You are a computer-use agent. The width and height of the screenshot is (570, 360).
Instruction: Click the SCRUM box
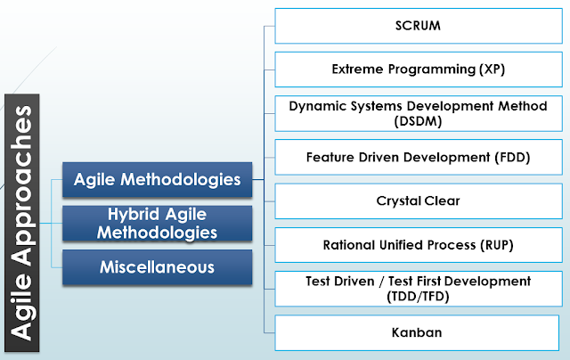[x=417, y=26]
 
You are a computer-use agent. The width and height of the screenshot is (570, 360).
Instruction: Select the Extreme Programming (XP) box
[x=417, y=70]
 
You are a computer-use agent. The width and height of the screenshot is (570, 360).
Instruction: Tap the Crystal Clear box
[x=417, y=200]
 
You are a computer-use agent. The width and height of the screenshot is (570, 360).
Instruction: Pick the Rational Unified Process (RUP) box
[x=417, y=244]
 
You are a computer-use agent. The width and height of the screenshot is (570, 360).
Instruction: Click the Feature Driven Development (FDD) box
[x=417, y=157]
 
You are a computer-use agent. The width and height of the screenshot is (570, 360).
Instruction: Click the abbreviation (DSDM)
[x=418, y=119]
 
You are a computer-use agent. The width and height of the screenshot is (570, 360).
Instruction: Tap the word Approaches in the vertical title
[x=29, y=188]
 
